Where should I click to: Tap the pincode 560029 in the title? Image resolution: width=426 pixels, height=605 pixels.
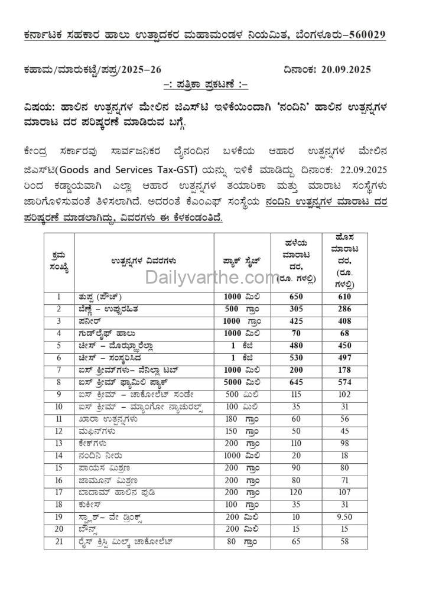(x=363, y=35)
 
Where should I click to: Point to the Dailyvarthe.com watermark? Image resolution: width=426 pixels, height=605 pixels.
(x=212, y=277)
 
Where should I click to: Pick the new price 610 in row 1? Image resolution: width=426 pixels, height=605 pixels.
(x=345, y=297)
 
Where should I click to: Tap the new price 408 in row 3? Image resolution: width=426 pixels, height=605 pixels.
(x=345, y=321)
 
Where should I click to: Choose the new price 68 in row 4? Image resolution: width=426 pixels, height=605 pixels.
(x=345, y=333)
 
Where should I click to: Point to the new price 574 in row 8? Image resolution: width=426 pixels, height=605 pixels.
(x=345, y=382)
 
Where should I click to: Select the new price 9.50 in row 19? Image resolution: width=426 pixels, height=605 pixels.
(x=345, y=517)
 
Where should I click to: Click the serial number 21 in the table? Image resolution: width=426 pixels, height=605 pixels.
(x=58, y=541)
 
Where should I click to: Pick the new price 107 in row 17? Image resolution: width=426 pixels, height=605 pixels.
(x=345, y=492)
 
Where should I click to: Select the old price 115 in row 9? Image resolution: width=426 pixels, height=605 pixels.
(x=296, y=394)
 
